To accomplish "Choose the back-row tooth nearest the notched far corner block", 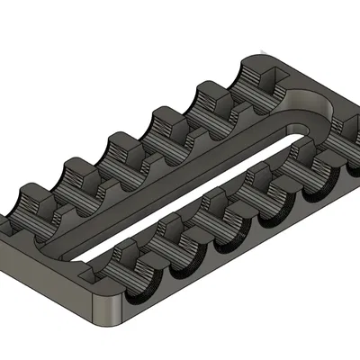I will point(212,94).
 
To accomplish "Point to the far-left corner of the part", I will point(6,225).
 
